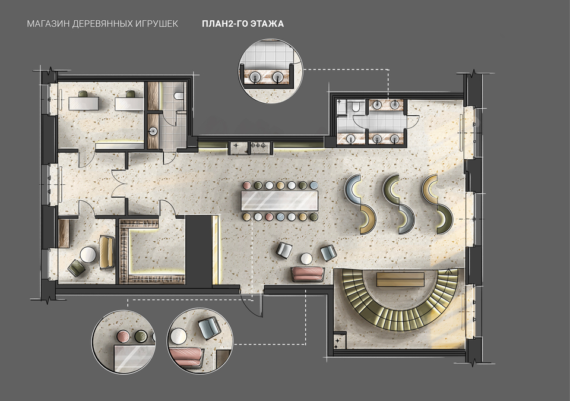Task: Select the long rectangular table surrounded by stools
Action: [280, 201]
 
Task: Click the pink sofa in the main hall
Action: [308, 274]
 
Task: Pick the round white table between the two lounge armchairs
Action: [306, 258]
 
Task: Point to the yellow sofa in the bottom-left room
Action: [106, 252]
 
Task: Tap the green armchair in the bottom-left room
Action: [77, 268]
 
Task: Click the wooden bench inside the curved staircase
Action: [400, 279]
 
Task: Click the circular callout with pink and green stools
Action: [123, 342]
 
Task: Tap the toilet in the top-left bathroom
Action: [179, 96]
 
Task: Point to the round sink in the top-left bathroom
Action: [153, 131]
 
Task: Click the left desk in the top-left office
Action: [83, 103]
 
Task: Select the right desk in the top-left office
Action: [129, 103]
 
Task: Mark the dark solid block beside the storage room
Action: [199, 250]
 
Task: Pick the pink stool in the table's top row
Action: [246, 185]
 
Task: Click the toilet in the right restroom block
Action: [356, 106]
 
